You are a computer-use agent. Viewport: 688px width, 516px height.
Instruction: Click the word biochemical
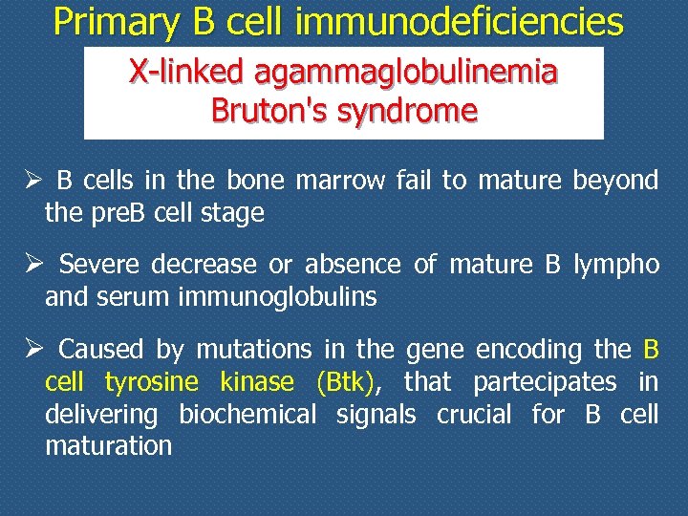pos(247,415)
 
